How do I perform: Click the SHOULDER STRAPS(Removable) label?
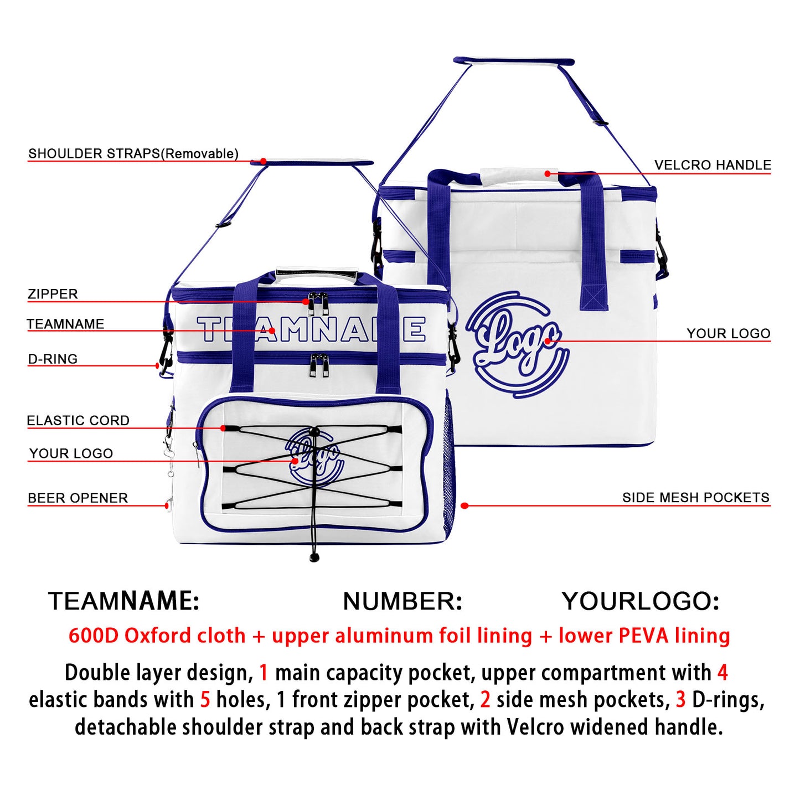coord(133,153)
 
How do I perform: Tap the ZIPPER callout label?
coord(53,294)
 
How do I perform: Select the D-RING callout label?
coord(53,359)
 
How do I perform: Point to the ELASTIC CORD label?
coord(78,420)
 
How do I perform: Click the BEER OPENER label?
coord(78,498)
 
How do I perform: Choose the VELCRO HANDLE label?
coord(713,165)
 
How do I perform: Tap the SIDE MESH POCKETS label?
coord(696,497)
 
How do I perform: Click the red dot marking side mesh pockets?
coord(464,505)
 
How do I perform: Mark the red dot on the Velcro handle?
coord(548,173)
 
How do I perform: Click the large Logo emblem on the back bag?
coord(517,344)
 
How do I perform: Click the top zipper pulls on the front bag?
coord(318,303)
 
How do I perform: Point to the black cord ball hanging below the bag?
coord(314,557)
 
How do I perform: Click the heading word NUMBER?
coord(402,601)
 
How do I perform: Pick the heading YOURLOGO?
coord(640,601)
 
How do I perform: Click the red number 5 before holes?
coord(205,700)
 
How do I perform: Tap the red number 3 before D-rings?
coord(680,700)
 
